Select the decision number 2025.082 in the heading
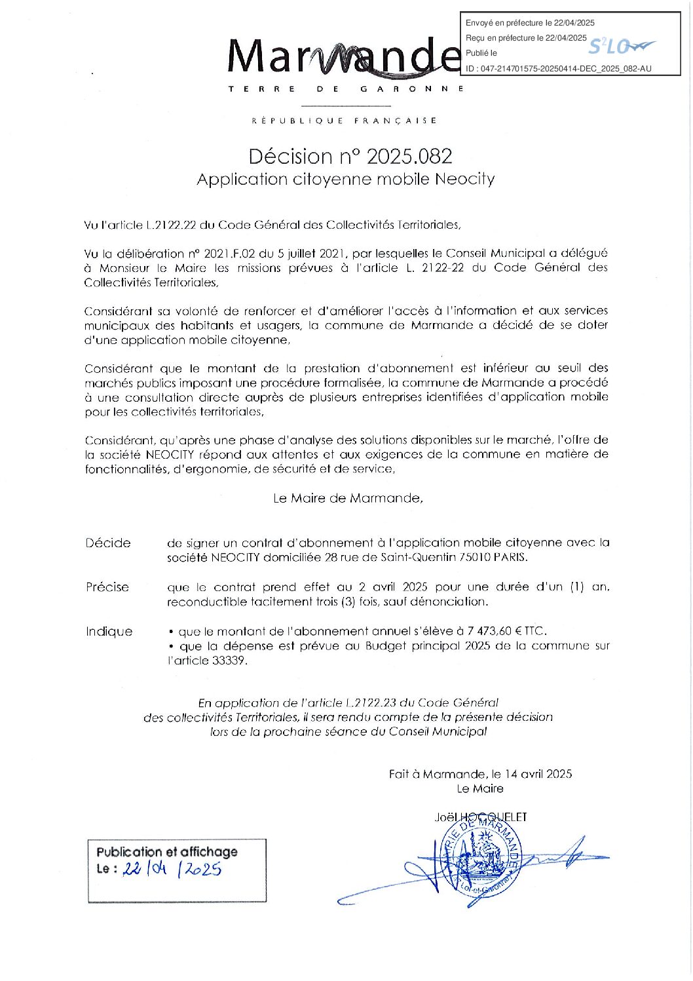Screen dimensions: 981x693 click(409, 157)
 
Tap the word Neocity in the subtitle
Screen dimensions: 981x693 click(465, 179)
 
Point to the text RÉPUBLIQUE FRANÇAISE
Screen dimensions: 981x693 click(345, 121)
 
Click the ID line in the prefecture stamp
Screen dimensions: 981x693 click(558, 68)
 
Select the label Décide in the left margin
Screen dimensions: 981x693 click(108, 543)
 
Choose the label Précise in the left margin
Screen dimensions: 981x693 click(107, 587)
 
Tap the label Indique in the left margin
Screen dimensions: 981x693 click(109, 632)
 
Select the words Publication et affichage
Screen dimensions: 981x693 click(167, 852)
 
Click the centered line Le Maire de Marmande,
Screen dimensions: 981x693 click(348, 498)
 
